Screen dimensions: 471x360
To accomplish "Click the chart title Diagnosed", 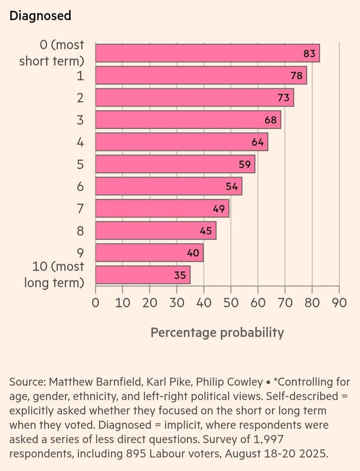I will tap(40, 16).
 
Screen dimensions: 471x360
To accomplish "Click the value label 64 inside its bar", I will tap(257, 142).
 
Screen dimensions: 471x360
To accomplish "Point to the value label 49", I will tap(219, 209).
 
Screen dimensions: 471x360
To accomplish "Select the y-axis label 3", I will tap(80, 120).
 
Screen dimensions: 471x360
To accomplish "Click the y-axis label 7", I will tap(80, 209).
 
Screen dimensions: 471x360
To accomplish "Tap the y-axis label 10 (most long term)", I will tap(54, 275).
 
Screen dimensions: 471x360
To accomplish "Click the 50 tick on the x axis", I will tap(231, 302).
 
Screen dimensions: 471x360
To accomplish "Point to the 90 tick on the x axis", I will tap(339, 302).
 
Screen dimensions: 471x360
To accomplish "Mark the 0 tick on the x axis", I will tap(96, 302).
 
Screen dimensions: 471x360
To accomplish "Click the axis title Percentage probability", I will tap(217, 333).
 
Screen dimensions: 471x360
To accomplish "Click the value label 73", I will tap(283, 98).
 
